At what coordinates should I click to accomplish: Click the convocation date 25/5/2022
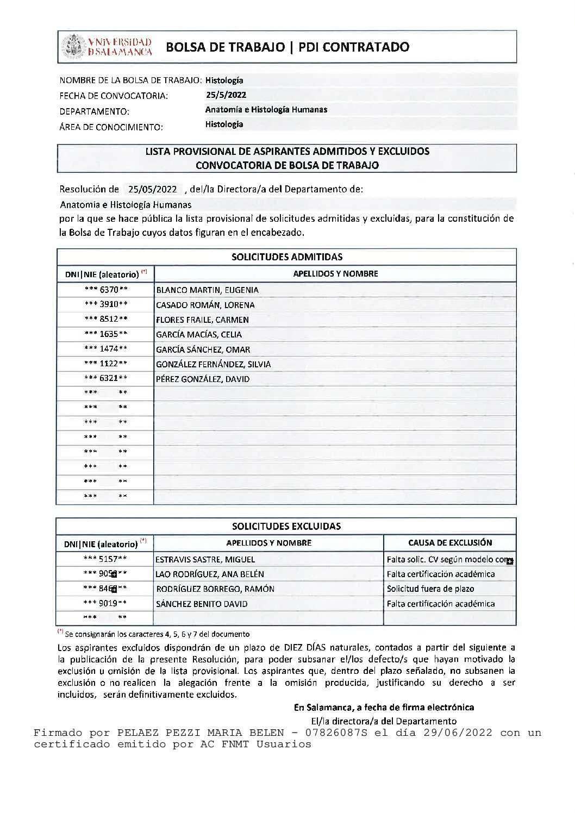tap(226, 95)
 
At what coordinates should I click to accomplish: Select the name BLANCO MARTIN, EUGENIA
tap(207, 290)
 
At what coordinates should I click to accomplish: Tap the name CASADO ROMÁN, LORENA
tap(205, 305)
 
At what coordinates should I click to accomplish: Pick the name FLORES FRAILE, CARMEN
tap(202, 320)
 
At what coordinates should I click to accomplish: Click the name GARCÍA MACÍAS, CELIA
tap(199, 334)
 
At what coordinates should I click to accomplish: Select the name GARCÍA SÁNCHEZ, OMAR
tap(203, 349)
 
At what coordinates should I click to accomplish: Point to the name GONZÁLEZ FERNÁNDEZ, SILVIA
tap(213, 364)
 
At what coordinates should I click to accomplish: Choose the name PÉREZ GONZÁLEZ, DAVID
tap(203, 379)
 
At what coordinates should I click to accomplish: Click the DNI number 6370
tap(109, 290)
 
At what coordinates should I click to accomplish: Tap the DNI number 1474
tap(109, 349)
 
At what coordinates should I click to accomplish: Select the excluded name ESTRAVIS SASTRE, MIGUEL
tap(205, 559)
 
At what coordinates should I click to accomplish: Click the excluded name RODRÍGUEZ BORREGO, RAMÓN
tap(215, 589)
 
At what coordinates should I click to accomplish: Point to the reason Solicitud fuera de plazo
tap(430, 589)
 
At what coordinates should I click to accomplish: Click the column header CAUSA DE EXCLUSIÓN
tap(450, 542)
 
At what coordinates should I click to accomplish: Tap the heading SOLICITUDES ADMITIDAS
tap(287, 257)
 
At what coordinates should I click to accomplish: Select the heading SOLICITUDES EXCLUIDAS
tap(286, 526)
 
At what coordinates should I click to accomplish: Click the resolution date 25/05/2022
tap(153, 190)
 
